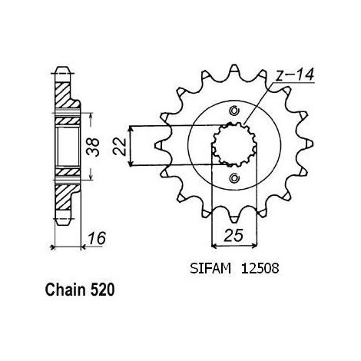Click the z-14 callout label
click(295, 75)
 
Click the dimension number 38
click(93, 147)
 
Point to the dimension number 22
click(120, 147)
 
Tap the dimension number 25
click(233, 235)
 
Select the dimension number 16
click(97, 238)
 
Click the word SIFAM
click(210, 269)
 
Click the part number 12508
click(260, 269)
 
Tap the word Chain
click(65, 290)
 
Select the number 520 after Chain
click(102, 290)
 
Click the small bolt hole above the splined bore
click(234, 111)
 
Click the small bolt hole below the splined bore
click(234, 178)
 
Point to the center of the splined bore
click(234, 144)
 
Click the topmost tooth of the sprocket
click(234, 69)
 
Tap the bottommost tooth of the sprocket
click(234, 219)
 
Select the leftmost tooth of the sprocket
click(160, 145)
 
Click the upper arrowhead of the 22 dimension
click(131, 129)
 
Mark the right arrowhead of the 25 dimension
click(254, 246)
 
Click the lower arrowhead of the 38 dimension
click(91, 177)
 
